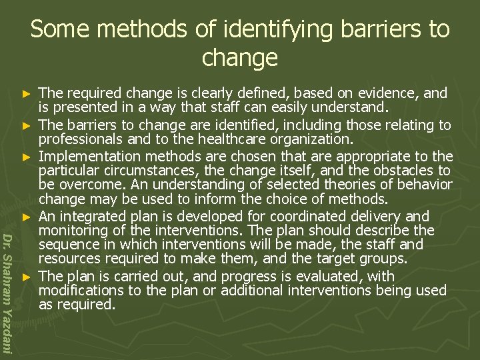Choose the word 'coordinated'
click(x=325, y=216)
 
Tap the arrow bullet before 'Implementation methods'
click(x=27, y=157)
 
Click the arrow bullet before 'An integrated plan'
click(x=27, y=217)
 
